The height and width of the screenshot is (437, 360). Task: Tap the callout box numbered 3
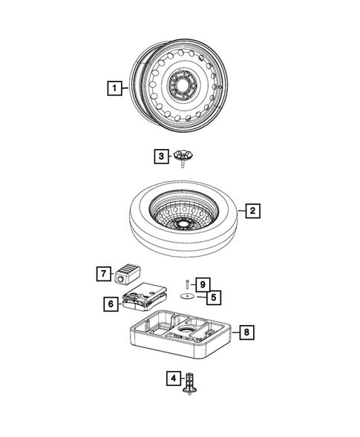pos(160,156)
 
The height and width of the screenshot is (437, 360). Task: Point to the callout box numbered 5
pos(213,297)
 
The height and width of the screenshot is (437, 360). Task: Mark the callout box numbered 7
pos(102,274)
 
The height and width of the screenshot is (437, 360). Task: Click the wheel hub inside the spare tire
pos(181,223)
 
